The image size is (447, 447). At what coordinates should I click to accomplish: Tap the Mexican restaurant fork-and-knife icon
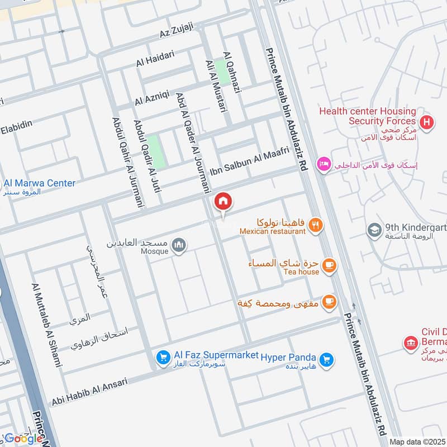(316, 225)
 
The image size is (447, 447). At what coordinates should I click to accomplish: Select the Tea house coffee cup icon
(330, 266)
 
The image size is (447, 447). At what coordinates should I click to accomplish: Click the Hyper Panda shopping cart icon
(328, 360)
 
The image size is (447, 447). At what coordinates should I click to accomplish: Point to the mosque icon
(179, 245)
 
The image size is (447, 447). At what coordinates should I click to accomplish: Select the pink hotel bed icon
(324, 164)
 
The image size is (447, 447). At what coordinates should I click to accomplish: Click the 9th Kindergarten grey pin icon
(374, 230)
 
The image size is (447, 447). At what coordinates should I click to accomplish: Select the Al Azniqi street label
(152, 98)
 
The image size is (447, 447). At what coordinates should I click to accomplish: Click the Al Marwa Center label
(39, 183)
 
